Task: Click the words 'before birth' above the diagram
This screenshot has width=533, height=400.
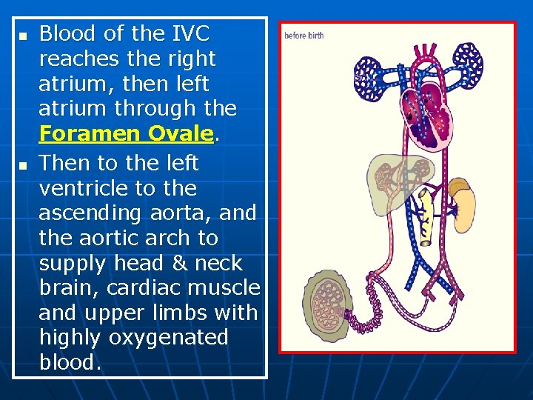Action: (x=304, y=36)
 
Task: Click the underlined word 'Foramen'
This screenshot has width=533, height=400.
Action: (x=91, y=134)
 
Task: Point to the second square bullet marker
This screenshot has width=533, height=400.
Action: (x=22, y=164)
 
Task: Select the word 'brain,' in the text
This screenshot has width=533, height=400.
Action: (x=67, y=288)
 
